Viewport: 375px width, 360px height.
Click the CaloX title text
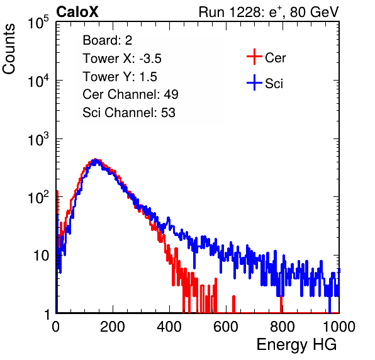click(x=77, y=12)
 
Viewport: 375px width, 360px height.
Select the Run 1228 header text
click(x=269, y=12)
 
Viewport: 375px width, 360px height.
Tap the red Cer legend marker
click(x=254, y=57)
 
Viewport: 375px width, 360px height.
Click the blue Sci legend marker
click(x=254, y=82)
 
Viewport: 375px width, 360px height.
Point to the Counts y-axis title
click(x=9, y=49)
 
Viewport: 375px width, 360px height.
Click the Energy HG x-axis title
click(x=296, y=344)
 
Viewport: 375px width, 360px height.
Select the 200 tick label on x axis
click(x=113, y=327)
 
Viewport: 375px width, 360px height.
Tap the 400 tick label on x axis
click(x=169, y=327)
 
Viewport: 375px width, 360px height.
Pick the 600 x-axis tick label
click(x=226, y=327)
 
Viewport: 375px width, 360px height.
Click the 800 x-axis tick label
click(x=283, y=327)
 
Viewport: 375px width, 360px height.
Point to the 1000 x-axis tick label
click(x=339, y=327)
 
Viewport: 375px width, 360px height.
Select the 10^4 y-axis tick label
click(x=38, y=81)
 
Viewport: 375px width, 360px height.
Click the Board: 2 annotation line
click(x=108, y=40)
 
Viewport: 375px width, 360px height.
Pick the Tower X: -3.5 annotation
click(x=122, y=59)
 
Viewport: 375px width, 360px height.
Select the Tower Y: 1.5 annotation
click(x=120, y=77)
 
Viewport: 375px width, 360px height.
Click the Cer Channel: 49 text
click(x=130, y=94)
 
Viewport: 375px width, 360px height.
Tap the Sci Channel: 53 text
click(x=129, y=113)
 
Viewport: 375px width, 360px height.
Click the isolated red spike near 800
click(x=281, y=304)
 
